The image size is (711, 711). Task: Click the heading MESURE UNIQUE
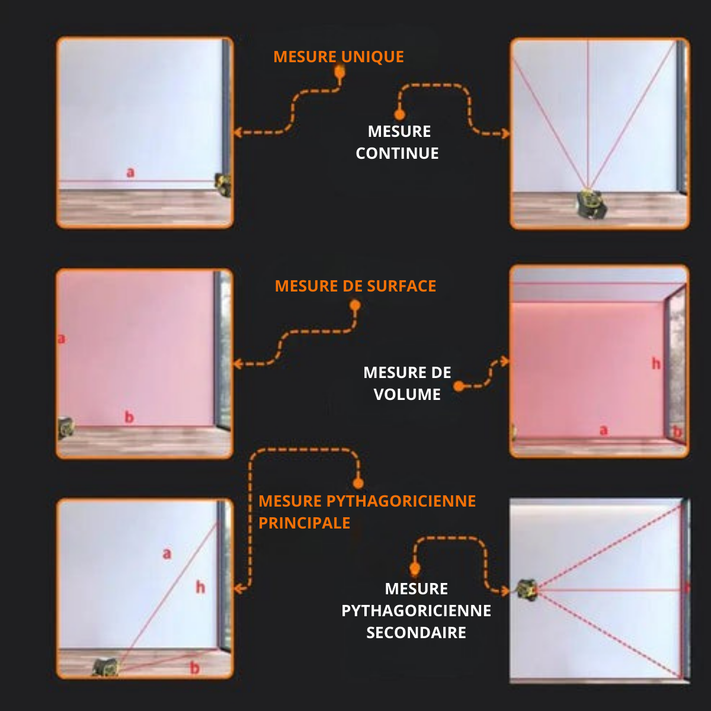[x=338, y=57]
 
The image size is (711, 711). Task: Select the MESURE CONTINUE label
[x=398, y=142]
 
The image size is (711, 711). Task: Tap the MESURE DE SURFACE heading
[x=355, y=286]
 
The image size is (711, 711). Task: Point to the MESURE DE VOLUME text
[x=407, y=383]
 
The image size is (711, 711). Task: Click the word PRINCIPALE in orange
[x=304, y=523]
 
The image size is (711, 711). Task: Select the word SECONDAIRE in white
[x=416, y=633]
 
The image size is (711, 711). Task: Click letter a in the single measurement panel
[x=130, y=172]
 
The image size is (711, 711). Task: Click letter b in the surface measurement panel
[x=129, y=417]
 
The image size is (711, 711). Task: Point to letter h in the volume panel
[x=656, y=363]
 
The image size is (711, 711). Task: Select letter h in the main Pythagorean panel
[x=200, y=587]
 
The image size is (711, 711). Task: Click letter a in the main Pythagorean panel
[x=167, y=553]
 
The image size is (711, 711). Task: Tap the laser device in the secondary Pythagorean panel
[x=527, y=590]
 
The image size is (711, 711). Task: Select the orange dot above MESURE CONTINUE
[x=400, y=114]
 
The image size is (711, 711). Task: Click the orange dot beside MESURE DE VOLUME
[x=459, y=386]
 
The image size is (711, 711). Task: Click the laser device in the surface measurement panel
[x=66, y=427]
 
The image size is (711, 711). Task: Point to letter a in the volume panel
[x=603, y=430]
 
